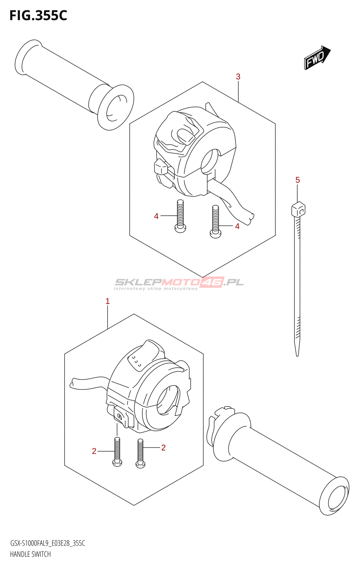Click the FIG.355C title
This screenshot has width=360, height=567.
tap(38, 16)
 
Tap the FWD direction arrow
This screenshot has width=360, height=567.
tap(317, 57)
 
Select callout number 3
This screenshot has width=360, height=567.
tap(238, 77)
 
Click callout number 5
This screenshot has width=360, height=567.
tap(298, 180)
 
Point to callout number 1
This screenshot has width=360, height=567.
tap(108, 301)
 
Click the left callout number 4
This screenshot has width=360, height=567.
tap(156, 216)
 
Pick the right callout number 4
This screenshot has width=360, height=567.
tap(237, 226)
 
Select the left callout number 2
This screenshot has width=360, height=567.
tap(94, 451)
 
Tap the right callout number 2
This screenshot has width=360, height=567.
tap(163, 448)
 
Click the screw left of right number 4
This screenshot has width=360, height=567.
tap(215, 222)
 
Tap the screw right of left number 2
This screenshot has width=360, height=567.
tap(117, 451)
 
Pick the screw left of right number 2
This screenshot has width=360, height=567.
tap(141, 454)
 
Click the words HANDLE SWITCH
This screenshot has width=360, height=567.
tap(30, 554)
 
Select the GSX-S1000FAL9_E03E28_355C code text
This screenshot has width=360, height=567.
tap(47, 543)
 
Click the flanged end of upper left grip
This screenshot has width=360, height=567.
tap(116, 107)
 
